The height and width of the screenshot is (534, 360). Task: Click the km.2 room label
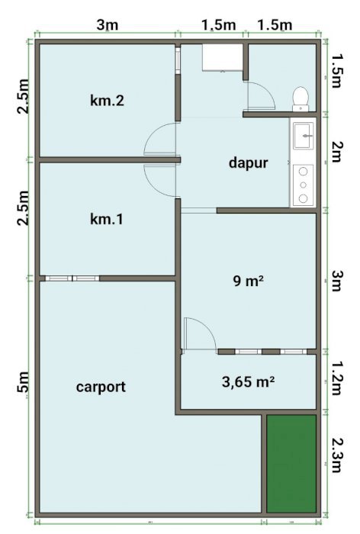[x=107, y=101]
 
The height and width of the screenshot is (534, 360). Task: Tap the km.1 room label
[x=107, y=219]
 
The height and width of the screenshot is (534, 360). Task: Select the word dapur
[x=249, y=162]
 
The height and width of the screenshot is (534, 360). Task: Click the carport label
[x=101, y=388]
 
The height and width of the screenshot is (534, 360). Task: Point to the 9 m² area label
[x=249, y=281]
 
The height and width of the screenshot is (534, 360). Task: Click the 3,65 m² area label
[x=249, y=381]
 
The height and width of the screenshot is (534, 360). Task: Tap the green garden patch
[x=291, y=464]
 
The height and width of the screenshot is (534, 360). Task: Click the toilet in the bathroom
[x=301, y=98]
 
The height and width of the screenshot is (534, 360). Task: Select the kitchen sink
[x=304, y=136]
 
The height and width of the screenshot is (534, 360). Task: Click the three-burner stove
[x=303, y=185]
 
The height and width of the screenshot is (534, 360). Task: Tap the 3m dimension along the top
[x=108, y=24]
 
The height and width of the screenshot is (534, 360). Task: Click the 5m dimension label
[x=23, y=387]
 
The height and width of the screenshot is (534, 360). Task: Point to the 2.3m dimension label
[x=336, y=455]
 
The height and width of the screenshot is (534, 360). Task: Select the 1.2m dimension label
[x=336, y=378]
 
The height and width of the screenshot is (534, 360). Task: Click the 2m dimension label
[x=336, y=152]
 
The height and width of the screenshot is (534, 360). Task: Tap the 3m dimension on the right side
[x=336, y=281]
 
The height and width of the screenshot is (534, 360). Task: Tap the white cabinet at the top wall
[x=222, y=57]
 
